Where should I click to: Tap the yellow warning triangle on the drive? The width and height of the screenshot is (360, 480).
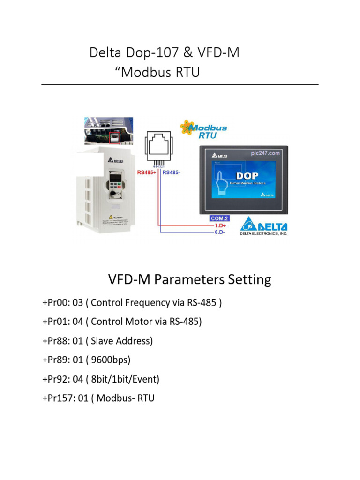click(x=111, y=217)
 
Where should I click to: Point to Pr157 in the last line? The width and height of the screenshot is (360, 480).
click(x=58, y=398)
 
